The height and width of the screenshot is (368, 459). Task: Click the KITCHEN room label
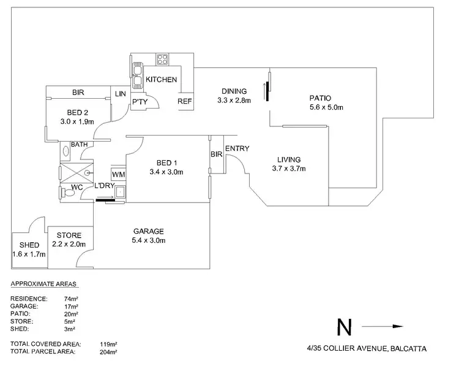tap(162, 80)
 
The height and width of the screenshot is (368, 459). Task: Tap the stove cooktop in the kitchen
tap(163, 59)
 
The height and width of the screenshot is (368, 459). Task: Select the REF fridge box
tap(185, 102)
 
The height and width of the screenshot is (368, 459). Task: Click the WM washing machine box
tap(118, 175)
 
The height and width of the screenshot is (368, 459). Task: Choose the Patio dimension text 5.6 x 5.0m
tap(327, 107)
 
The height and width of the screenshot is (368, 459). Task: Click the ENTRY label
tap(236, 148)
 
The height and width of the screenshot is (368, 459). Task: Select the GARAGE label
tap(149, 231)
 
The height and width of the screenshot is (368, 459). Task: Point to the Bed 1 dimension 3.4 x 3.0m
tap(167, 172)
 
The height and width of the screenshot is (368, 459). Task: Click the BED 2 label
tap(78, 112)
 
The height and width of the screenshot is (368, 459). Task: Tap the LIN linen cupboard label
tap(119, 94)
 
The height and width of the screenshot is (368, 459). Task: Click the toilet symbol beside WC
tap(68, 193)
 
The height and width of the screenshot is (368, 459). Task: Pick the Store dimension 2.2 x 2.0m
tap(69, 245)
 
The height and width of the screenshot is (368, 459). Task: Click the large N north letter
tap(344, 328)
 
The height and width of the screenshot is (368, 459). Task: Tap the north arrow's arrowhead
tap(398, 327)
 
